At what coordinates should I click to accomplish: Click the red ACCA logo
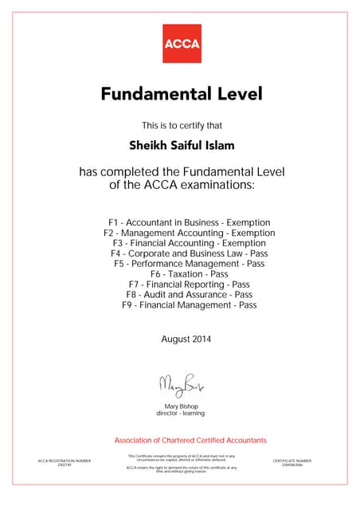182,43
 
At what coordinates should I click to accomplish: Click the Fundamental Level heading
182,95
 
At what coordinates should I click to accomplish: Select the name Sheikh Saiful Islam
182,146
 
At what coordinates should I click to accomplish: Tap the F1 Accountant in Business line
190,222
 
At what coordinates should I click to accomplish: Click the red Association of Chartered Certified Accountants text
190,441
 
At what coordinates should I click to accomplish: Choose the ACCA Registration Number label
65,461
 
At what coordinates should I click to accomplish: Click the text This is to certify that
182,125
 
